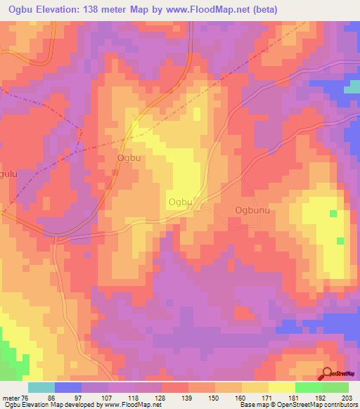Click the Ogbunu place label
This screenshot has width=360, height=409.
pyautogui.click(x=252, y=210)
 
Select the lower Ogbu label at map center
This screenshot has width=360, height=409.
pyautogui.click(x=180, y=202)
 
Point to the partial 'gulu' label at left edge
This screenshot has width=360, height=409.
pyautogui.click(x=7, y=174)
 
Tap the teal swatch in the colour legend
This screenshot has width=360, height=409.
pyautogui.click(x=41, y=387)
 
